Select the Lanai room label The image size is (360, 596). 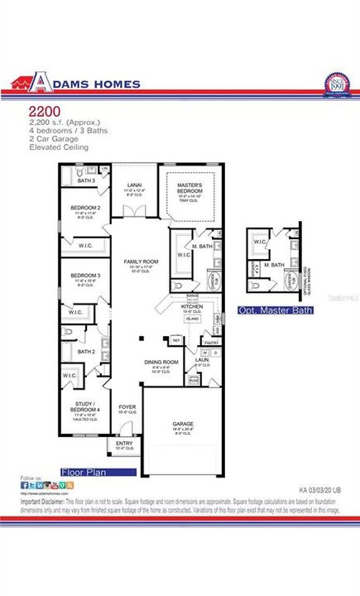coord(135,185)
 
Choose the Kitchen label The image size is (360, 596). coord(192,305)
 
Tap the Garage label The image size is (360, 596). coord(184,422)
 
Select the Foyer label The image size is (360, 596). coord(127,406)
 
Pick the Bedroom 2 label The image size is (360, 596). coord(85,207)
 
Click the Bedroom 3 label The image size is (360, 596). coord(84,274)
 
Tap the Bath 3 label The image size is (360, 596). coord(87,180)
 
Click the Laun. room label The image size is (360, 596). coord(201,359)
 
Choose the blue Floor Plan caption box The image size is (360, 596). coord(98,472)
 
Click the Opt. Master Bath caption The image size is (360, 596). coord(276,310)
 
